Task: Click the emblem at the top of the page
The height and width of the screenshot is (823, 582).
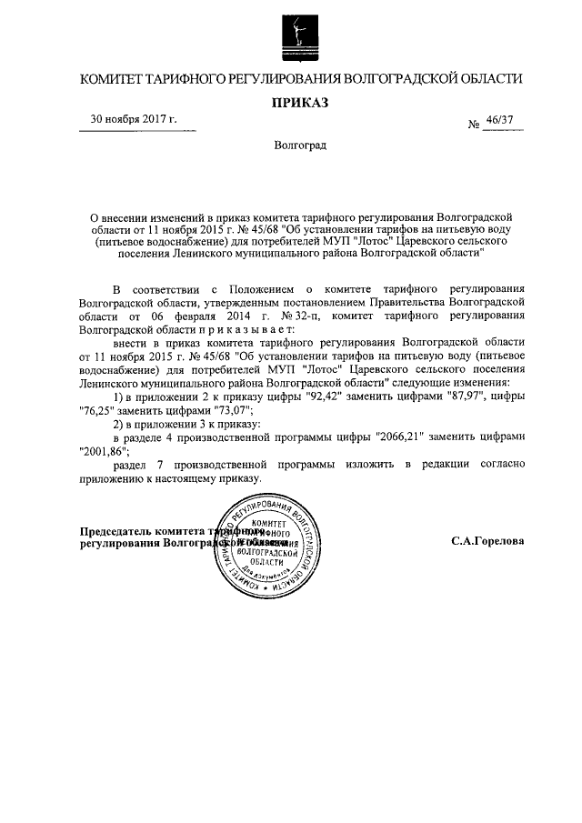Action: pyautogui.click(x=295, y=35)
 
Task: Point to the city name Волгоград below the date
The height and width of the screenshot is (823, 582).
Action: pyautogui.click(x=301, y=146)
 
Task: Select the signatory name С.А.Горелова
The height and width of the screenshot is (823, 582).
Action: pyautogui.click(x=487, y=540)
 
